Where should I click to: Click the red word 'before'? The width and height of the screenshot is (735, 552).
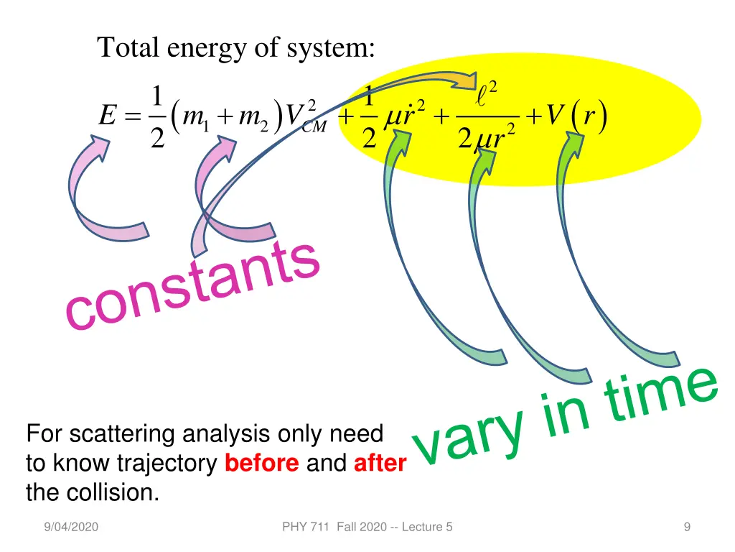tap(261, 464)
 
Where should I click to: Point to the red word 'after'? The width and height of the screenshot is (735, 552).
tap(380, 464)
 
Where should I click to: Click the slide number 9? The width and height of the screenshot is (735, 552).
tap(687, 527)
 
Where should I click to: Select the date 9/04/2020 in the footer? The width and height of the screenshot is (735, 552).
tap(70, 527)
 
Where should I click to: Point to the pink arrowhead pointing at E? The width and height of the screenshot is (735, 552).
tap(101, 147)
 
